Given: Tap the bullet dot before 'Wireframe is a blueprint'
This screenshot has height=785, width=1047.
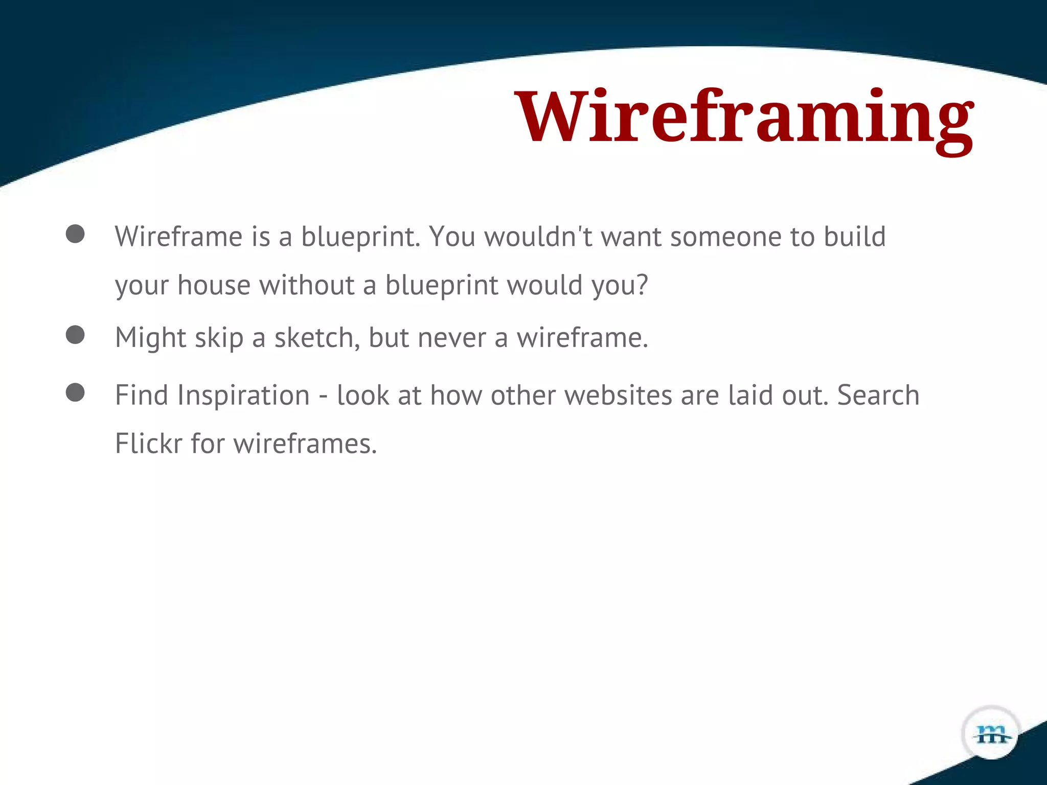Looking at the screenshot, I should tap(75, 234).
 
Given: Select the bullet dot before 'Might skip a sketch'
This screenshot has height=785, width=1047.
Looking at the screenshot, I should tap(75, 335).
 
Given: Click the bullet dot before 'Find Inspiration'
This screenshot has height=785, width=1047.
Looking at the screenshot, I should tap(75, 392).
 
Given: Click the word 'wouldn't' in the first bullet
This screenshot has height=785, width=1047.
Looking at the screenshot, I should tap(538, 237).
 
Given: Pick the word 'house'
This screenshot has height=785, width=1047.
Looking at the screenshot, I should tap(214, 285).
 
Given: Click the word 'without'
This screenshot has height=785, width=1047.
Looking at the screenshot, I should tap(307, 285).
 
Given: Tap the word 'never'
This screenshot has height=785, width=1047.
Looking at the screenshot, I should tap(451, 337).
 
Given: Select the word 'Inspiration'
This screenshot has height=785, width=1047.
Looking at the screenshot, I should tap(243, 395).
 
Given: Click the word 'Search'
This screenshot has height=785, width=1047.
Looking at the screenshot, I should tap(878, 395).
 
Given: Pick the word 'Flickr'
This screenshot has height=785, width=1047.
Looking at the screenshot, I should tap(148, 443).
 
